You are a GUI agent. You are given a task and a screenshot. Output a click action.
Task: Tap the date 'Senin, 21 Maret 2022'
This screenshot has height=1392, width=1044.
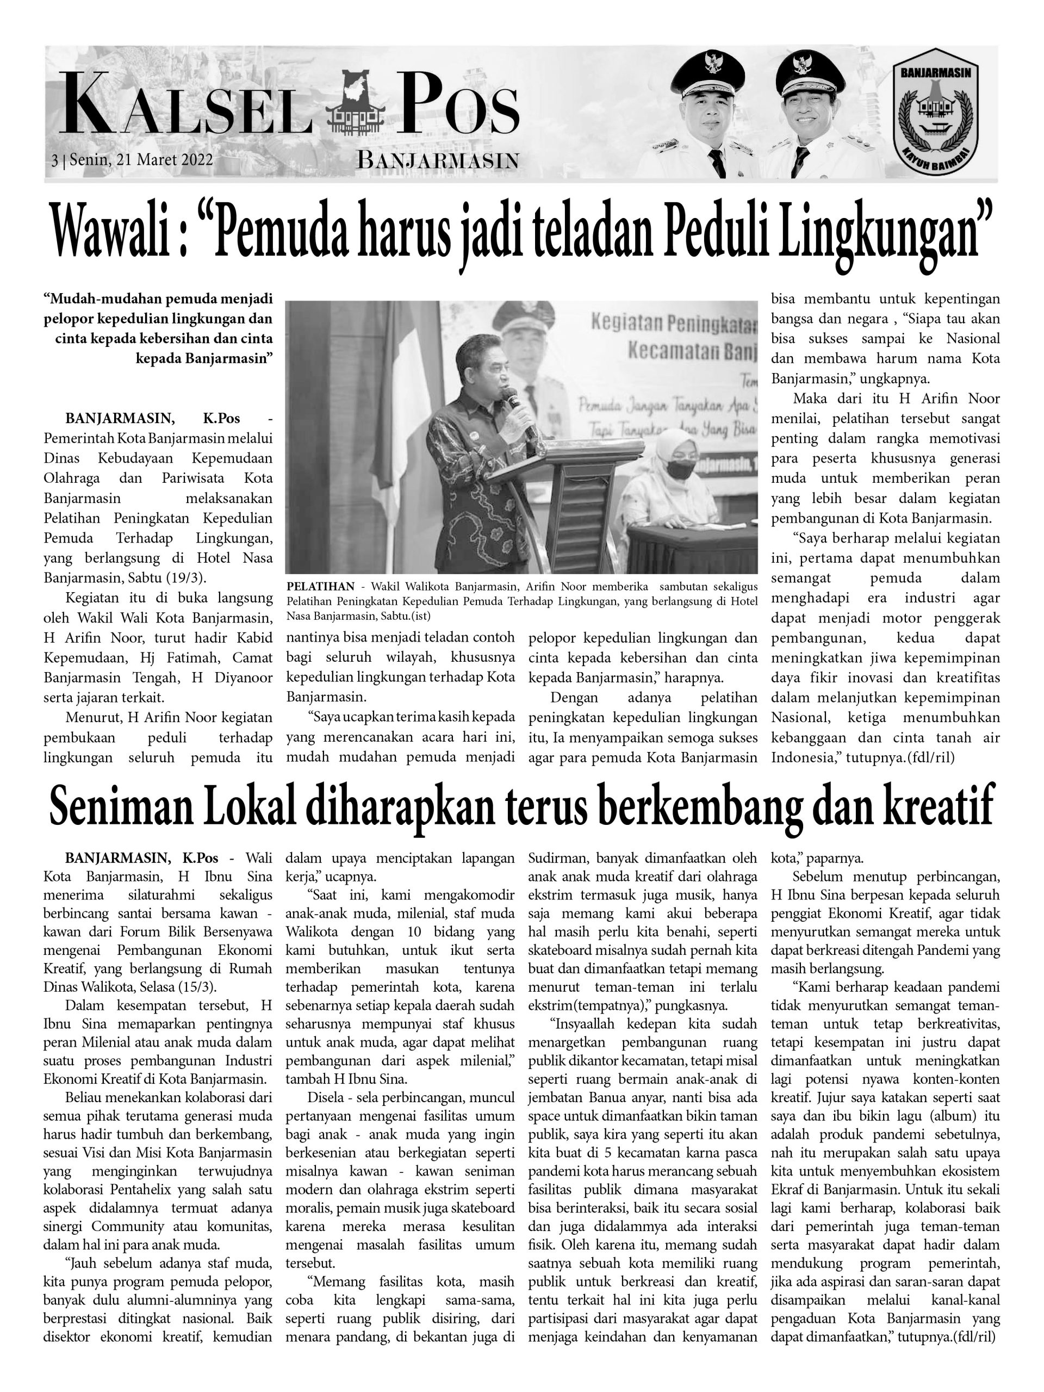click(141, 160)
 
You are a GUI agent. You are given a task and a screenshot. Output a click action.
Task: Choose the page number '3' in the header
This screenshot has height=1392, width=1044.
click(55, 160)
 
